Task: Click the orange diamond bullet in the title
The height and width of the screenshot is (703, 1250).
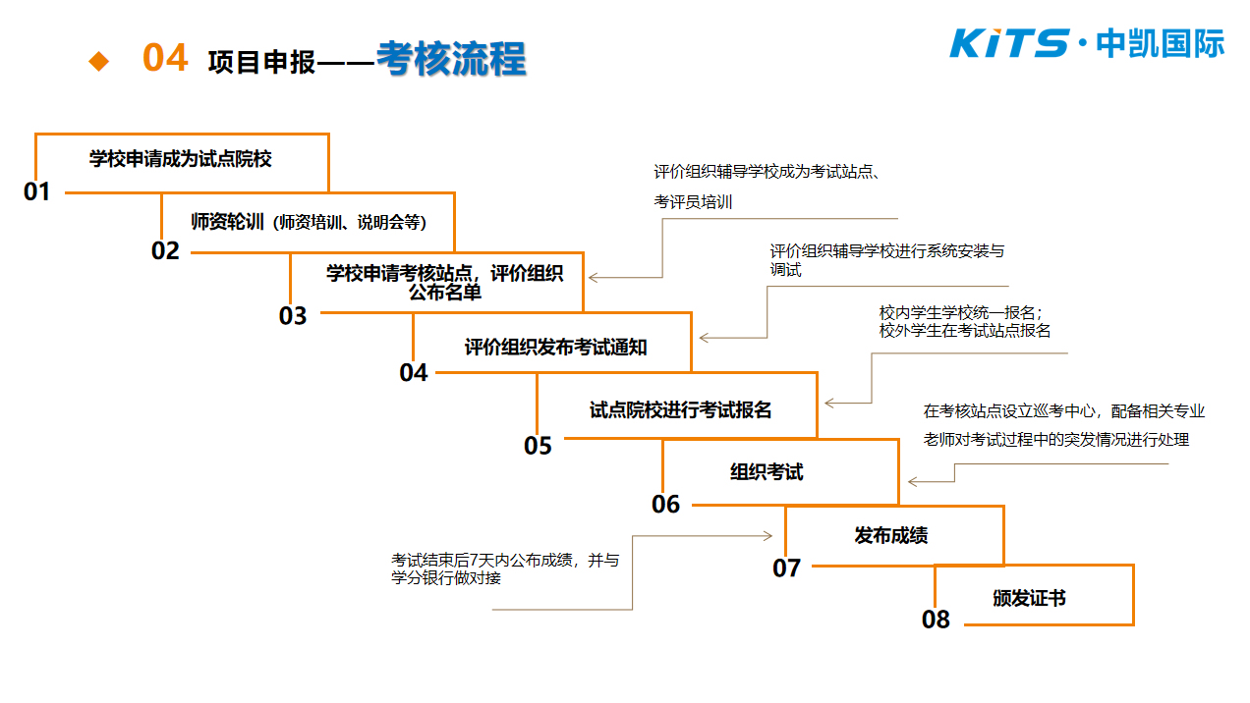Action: [99, 61]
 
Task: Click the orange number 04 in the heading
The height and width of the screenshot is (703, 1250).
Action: [165, 58]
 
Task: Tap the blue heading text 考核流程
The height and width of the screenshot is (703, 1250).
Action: [451, 59]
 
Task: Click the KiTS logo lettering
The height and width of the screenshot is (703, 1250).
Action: [1009, 43]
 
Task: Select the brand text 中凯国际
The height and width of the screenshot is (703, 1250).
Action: [1161, 43]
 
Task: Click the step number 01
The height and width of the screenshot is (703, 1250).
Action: [36, 191]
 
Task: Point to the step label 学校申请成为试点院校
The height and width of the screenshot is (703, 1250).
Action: [180, 159]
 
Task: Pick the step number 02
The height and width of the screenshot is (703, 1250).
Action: [165, 251]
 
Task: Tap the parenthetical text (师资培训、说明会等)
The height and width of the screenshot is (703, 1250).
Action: [350, 223]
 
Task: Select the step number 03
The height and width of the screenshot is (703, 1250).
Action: [293, 316]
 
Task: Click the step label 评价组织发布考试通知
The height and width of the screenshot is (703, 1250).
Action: [556, 348]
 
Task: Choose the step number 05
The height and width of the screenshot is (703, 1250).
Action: [538, 446]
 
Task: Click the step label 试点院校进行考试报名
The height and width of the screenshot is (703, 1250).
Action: [680, 410]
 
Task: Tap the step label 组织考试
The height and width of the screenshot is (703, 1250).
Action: [767, 472]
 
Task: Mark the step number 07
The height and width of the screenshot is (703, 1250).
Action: [787, 568]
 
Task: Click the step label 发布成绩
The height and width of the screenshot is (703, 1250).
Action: [891, 535]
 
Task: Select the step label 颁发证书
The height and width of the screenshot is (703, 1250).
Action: [1029, 598]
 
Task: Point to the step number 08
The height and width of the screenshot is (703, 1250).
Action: [936, 620]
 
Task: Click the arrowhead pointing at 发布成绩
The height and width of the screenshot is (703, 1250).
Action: [768, 536]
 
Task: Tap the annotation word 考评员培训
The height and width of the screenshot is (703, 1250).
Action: [693, 202]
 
